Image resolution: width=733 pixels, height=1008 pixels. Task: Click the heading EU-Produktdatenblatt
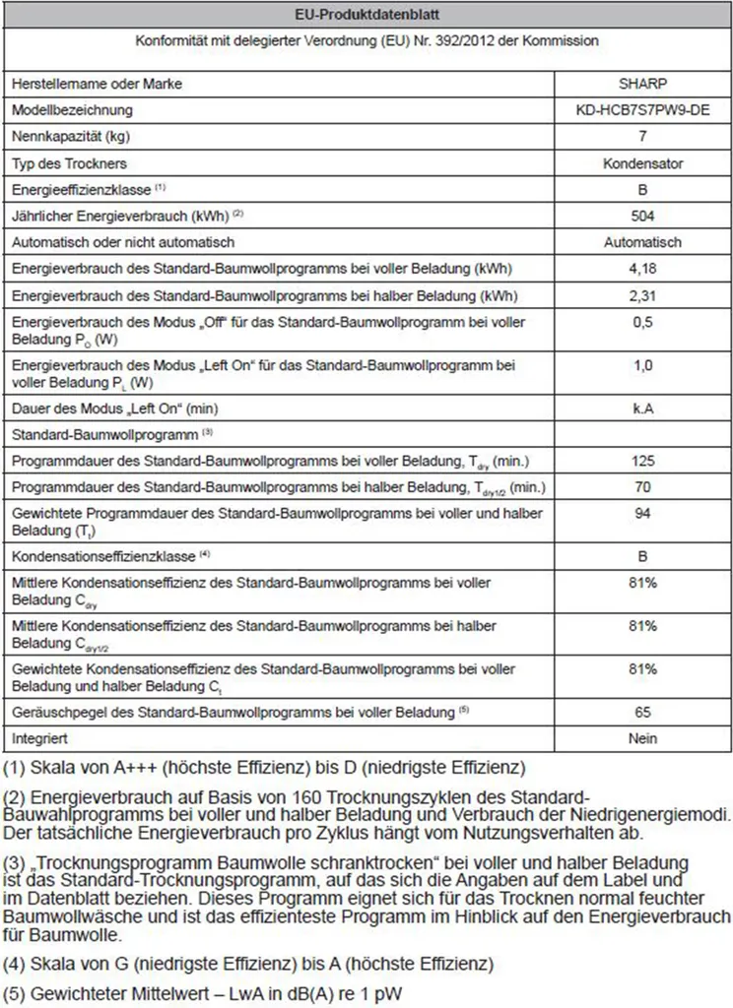(366, 14)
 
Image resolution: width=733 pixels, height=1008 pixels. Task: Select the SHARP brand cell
(642, 84)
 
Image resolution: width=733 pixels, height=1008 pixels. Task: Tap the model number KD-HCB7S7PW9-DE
(642, 110)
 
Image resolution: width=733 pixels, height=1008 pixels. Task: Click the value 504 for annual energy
(642, 216)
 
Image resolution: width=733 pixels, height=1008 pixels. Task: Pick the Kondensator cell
(642, 162)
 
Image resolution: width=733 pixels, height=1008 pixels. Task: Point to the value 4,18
(642, 268)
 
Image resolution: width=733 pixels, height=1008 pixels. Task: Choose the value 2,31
(642, 294)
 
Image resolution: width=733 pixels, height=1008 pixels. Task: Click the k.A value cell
(642, 408)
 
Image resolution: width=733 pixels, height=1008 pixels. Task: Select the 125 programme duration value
(642, 461)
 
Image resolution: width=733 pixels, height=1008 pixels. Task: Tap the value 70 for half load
(642, 487)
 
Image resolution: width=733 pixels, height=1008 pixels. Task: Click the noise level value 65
(642, 711)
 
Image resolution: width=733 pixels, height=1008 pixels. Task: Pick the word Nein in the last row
(642, 737)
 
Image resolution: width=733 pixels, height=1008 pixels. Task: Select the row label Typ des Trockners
(69, 162)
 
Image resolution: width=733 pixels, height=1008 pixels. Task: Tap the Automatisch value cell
(642, 242)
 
